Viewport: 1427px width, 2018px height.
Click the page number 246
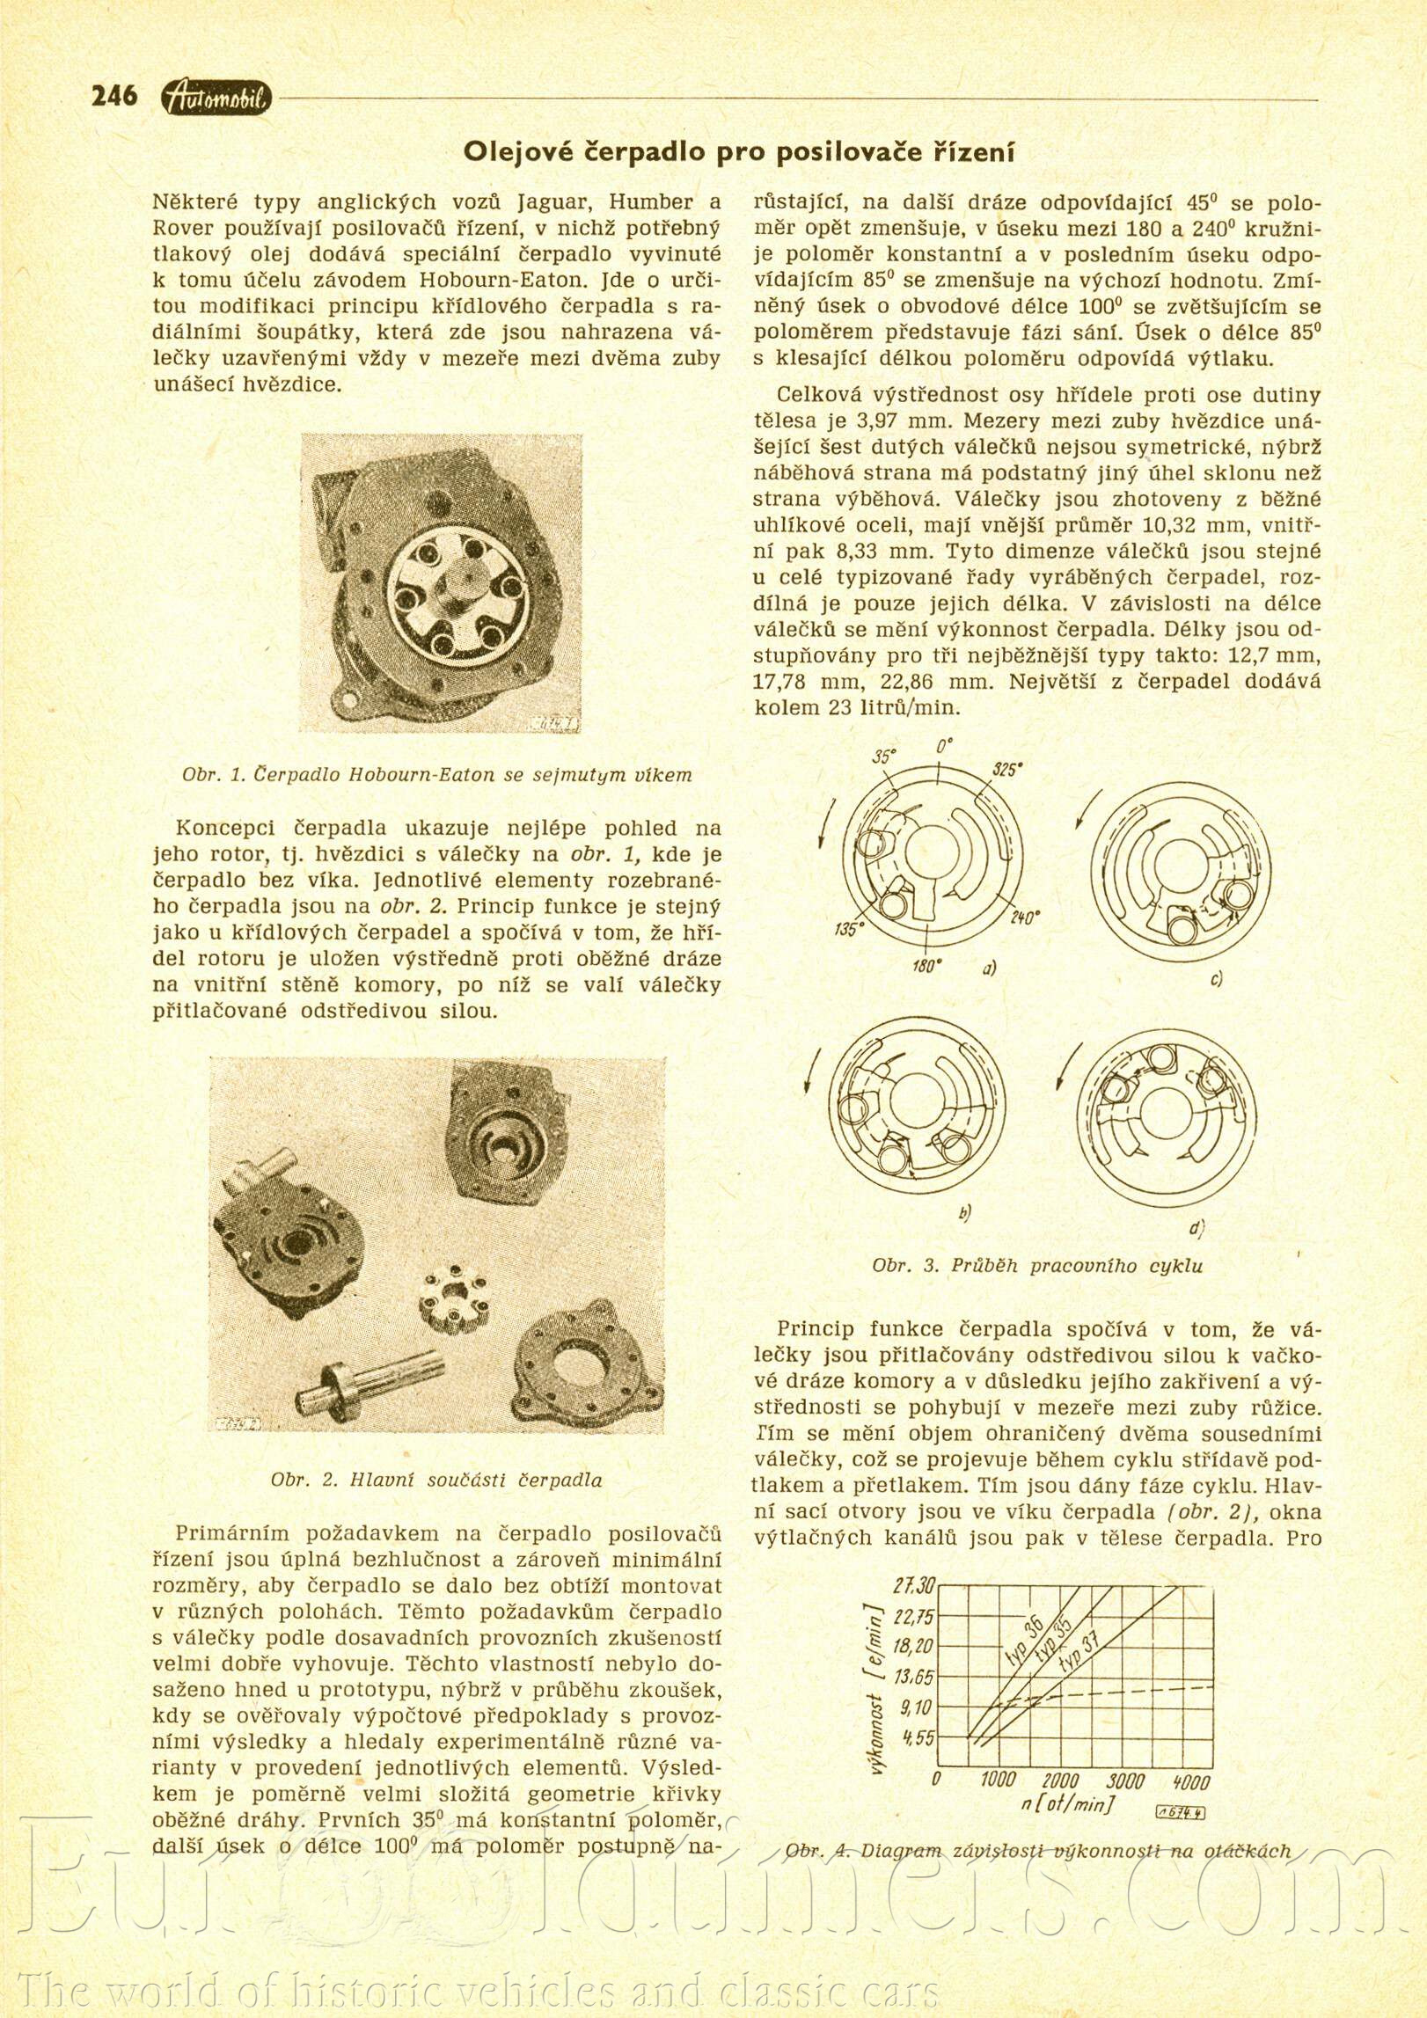[114, 95]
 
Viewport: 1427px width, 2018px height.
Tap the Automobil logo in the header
[217, 99]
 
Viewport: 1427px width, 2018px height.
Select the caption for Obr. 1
[436, 775]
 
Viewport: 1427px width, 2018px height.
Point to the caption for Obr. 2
[436, 1480]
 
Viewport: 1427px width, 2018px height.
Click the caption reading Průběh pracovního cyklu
[1036, 1266]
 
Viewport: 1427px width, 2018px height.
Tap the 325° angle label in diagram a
[1006, 770]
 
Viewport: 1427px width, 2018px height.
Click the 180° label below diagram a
[927, 966]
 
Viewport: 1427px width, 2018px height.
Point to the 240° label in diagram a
[1025, 918]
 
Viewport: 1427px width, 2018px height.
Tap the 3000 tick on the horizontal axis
[1125, 1781]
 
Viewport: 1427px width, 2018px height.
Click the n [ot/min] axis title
[1067, 1804]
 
